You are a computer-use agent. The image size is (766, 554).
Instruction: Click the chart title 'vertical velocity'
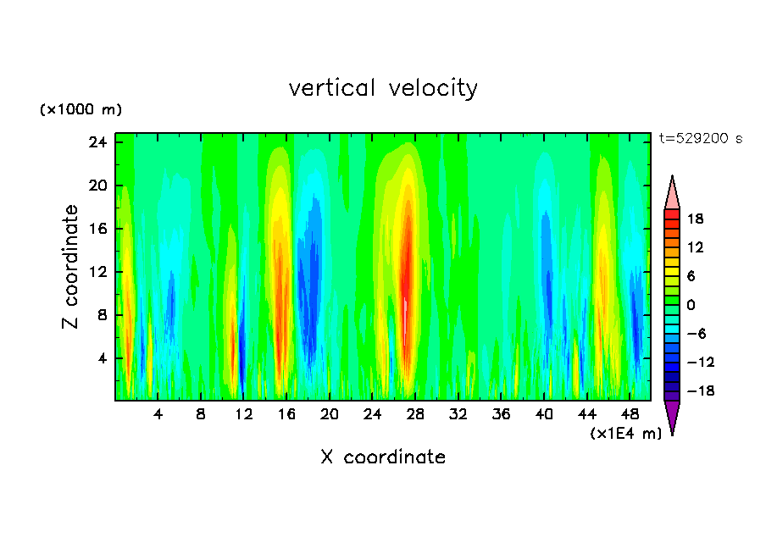[383, 88]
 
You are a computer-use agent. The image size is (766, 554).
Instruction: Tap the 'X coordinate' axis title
[383, 457]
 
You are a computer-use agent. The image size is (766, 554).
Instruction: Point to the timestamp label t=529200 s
[700, 139]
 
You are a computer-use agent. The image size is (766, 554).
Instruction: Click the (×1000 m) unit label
[80, 110]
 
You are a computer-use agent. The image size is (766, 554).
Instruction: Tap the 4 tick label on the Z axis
[103, 358]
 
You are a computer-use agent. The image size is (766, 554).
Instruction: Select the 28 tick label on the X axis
[415, 416]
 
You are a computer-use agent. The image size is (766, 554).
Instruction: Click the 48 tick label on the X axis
[630, 416]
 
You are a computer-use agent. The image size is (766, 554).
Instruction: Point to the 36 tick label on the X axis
[501, 416]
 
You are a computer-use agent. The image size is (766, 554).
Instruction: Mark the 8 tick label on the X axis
[201, 416]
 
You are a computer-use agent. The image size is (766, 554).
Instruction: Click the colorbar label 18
[695, 219]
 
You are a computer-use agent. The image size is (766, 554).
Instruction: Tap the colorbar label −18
[691, 391]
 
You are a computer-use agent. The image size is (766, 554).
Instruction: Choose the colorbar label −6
[695, 334]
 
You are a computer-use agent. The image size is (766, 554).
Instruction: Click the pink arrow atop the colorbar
[672, 192]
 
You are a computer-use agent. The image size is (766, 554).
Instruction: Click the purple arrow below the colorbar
[672, 417]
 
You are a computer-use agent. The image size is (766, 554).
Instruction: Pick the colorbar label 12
[695, 247]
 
